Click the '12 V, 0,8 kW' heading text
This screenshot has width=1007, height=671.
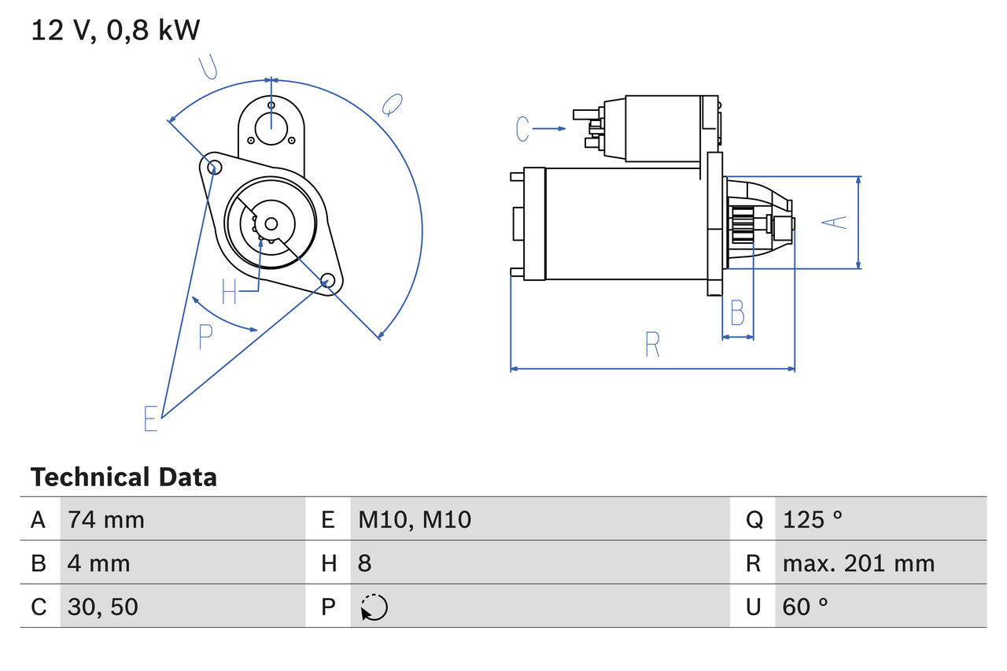click(x=116, y=30)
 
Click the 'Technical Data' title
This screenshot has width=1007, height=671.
click(x=124, y=477)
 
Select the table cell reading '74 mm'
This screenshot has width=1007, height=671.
click(x=106, y=519)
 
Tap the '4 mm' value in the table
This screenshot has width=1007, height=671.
click(x=99, y=563)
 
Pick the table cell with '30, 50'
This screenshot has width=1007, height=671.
click(x=103, y=606)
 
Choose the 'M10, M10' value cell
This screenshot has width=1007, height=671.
click(x=415, y=519)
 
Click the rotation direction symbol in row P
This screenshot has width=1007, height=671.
click(x=374, y=607)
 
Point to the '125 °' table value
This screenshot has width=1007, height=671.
click(x=813, y=519)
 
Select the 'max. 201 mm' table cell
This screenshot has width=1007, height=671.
click(x=858, y=563)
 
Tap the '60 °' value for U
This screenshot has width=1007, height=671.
click(x=806, y=606)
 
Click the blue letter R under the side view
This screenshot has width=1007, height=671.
click(x=651, y=345)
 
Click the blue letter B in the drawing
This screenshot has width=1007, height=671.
click(x=737, y=313)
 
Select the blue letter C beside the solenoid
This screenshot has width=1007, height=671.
click(x=523, y=128)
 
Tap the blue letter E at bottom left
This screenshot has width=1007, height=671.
click(x=151, y=418)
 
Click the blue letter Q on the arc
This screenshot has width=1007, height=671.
click(x=392, y=104)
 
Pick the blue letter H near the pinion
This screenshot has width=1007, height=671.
click(x=229, y=291)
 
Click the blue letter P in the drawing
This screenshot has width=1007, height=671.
click(x=205, y=337)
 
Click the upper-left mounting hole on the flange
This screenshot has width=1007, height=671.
click(x=211, y=165)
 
